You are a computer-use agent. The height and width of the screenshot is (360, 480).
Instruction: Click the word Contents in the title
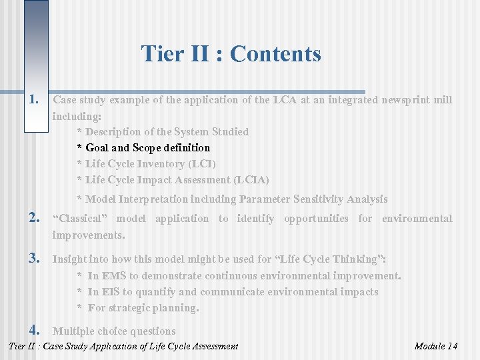(x=275, y=53)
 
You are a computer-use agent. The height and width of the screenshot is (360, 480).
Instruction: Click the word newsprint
(x=405, y=100)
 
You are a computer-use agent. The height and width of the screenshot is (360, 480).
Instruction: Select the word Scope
(x=148, y=148)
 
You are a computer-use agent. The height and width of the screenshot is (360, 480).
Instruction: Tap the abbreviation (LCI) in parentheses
(x=201, y=164)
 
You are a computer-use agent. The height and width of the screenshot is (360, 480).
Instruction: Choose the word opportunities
(x=316, y=219)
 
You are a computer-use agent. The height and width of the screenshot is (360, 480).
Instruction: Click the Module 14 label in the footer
(x=435, y=346)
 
